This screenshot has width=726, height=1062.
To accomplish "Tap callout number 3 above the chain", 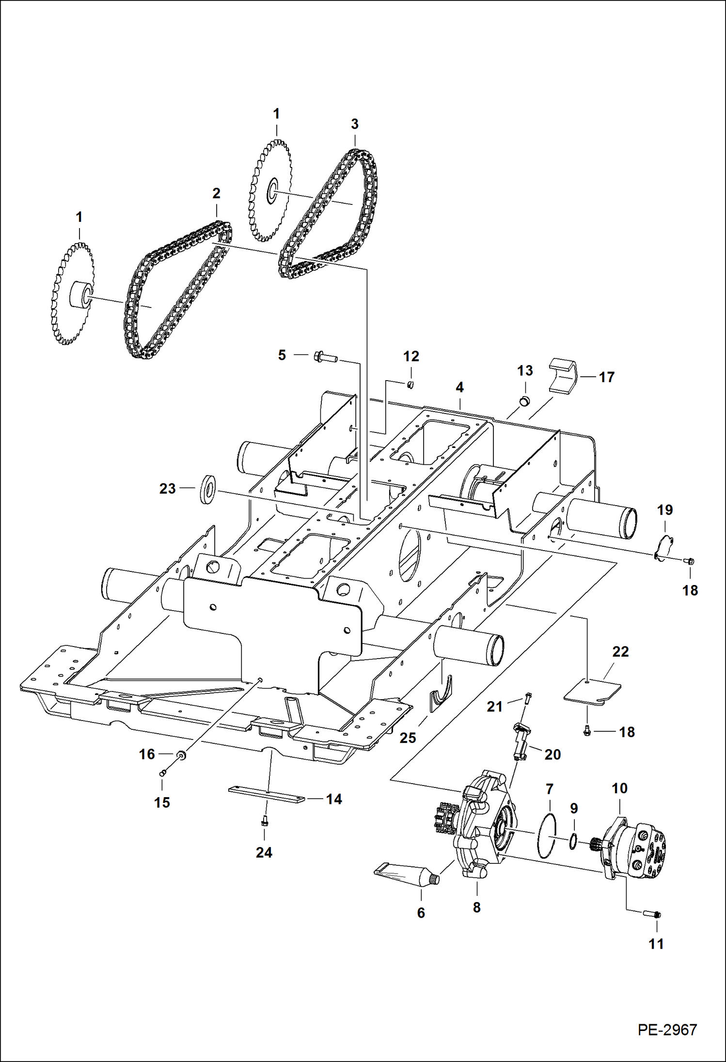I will (354, 124).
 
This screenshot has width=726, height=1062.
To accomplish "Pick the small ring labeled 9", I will (573, 841).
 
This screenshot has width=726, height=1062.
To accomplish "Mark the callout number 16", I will (147, 754).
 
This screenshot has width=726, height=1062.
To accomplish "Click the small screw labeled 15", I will (163, 773).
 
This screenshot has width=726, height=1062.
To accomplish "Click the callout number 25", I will (408, 738).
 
